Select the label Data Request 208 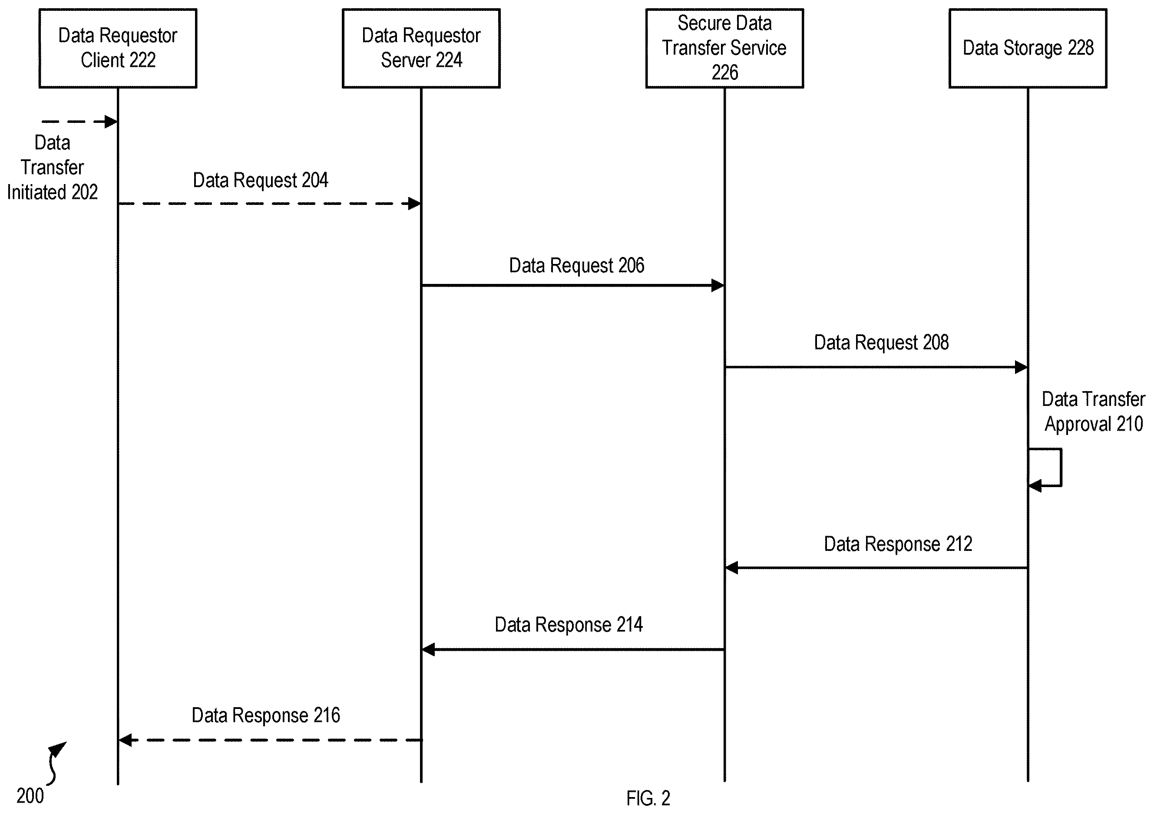(x=881, y=343)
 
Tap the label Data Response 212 (x=898, y=544)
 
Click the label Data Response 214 (x=569, y=625)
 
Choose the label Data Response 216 (x=266, y=715)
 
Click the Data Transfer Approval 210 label (x=1093, y=412)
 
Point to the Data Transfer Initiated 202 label (x=52, y=167)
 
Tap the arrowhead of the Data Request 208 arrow (x=1021, y=367)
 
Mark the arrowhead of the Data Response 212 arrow (x=732, y=568)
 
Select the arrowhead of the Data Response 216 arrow (x=125, y=740)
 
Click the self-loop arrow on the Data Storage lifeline (x=1061, y=467)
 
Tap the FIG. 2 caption (x=648, y=798)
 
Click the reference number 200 (x=30, y=796)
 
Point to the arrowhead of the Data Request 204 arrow (x=414, y=204)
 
